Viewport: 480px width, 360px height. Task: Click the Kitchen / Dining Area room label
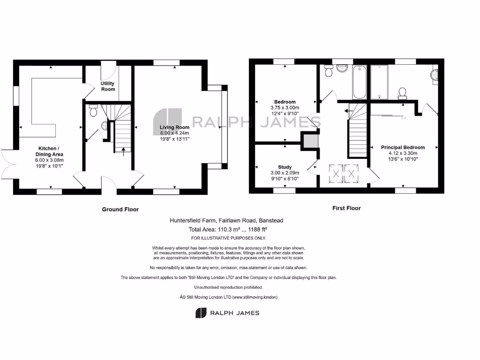click(51, 151)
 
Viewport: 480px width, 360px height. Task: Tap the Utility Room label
click(108, 86)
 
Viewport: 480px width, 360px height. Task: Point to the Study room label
click(285, 167)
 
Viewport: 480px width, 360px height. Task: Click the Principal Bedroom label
click(403, 147)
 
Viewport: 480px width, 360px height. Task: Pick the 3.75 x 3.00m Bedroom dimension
click(285, 108)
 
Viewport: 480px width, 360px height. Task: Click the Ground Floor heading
click(120, 210)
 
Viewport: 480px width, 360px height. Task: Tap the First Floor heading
click(346, 208)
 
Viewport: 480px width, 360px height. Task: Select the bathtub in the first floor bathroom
click(360, 82)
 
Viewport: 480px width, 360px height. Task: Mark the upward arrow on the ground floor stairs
click(124, 150)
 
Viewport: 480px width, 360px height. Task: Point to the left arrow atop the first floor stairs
click(346, 111)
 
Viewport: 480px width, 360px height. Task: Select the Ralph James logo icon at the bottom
click(201, 313)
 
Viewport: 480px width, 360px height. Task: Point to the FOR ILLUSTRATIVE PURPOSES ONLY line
click(228, 239)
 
